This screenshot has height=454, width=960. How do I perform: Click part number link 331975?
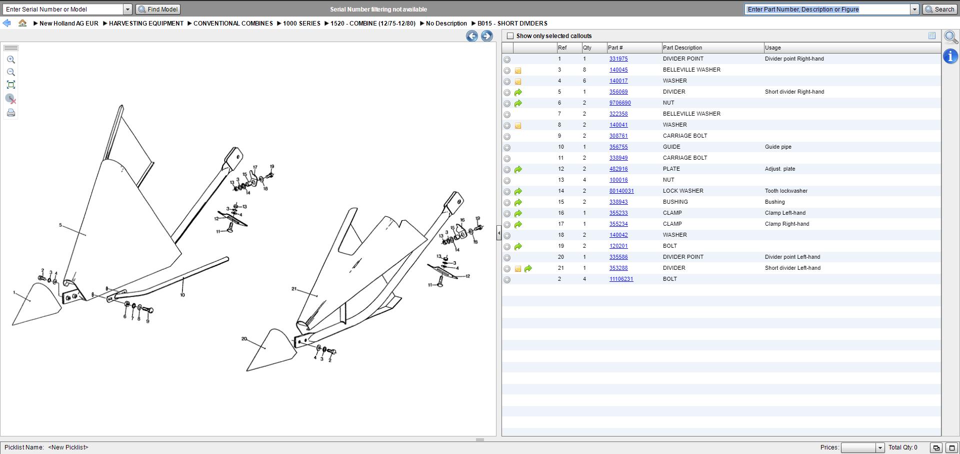pos(618,59)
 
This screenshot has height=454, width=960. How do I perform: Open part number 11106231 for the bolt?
pos(621,279)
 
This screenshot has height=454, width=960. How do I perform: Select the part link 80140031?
pos(621,191)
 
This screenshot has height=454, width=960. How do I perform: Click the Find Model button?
pos(158,10)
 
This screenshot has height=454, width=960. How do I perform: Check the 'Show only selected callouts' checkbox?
pos(510,36)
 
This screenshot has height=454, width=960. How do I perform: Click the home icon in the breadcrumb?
pos(22,23)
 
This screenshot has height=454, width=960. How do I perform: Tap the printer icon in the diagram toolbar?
pos(11,113)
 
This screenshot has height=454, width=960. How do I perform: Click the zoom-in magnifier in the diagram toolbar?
pos(11,60)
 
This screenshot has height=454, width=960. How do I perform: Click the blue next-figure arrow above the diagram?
pos(486,36)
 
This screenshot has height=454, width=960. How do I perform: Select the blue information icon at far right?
pos(950,56)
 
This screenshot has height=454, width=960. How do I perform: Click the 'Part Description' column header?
pos(682,48)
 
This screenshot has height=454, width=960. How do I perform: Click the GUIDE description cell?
pos(671,147)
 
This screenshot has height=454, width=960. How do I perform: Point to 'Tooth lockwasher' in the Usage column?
pos(786,191)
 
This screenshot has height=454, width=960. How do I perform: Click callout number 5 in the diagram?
pos(60,225)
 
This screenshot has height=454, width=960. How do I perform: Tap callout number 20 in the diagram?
pos(244,339)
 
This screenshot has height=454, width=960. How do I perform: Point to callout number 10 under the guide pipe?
pos(182,295)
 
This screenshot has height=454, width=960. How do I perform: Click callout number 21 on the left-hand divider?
pos(294,289)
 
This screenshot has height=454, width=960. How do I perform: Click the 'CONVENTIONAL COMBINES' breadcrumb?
pos(233,23)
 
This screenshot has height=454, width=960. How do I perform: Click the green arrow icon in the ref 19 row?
pos(518,246)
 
